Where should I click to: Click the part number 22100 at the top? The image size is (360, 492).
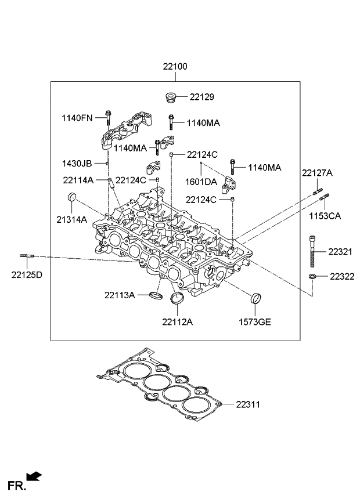(175, 67)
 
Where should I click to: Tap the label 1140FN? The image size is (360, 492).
(78, 118)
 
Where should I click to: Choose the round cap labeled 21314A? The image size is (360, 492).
(72, 197)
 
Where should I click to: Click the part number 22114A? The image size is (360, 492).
(78, 180)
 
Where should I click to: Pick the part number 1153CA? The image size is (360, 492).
(326, 216)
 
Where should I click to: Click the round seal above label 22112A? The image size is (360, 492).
(176, 300)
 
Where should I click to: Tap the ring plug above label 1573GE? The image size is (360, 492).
(255, 300)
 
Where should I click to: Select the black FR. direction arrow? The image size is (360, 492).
(34, 476)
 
